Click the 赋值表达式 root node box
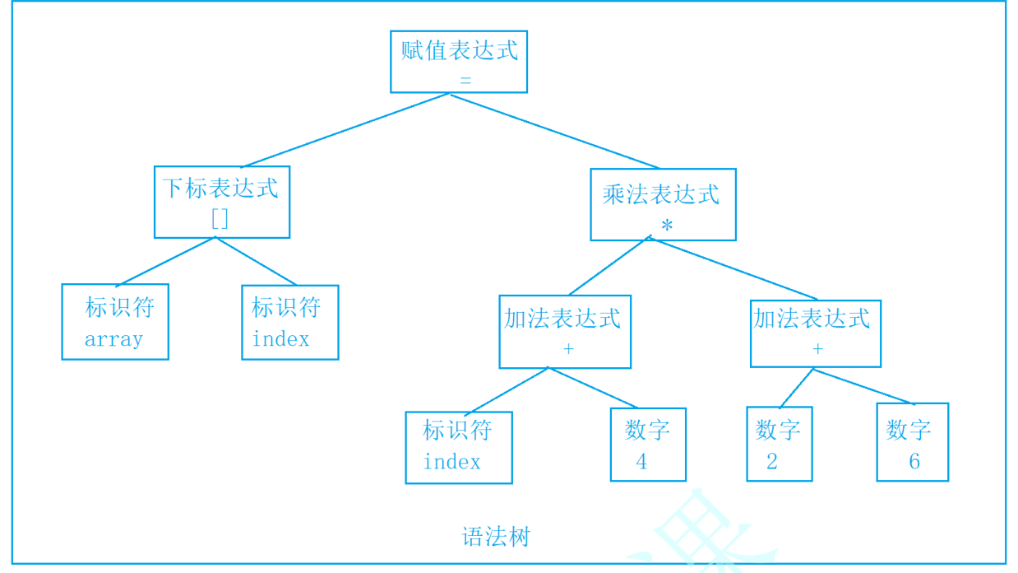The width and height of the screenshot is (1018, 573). (x=458, y=62)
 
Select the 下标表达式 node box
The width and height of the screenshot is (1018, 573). (x=221, y=202)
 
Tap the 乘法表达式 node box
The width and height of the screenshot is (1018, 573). (x=663, y=204)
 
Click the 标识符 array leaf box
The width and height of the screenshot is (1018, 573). (x=115, y=321)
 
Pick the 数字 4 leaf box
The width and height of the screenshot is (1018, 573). (x=648, y=445)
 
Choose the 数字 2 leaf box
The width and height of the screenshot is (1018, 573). (x=779, y=444)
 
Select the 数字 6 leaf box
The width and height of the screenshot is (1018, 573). (x=912, y=442)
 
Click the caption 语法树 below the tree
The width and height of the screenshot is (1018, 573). (x=496, y=537)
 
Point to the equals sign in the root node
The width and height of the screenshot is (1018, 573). (x=465, y=81)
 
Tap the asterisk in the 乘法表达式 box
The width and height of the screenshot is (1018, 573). (x=666, y=225)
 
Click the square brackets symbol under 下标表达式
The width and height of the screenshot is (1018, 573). (x=220, y=218)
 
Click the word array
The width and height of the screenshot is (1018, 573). (x=113, y=339)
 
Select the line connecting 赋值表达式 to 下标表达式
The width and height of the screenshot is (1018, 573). (x=345, y=130)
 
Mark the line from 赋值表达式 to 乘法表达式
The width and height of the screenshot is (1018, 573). (x=553, y=131)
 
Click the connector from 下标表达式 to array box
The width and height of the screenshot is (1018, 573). (x=166, y=261)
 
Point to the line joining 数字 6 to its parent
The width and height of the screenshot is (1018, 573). (x=863, y=386)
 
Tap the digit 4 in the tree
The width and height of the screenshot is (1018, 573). (x=641, y=462)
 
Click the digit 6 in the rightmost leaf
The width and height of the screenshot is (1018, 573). (x=914, y=461)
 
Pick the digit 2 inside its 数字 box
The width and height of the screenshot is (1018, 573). (x=771, y=462)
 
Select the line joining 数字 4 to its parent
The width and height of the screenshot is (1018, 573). (x=592, y=388)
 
